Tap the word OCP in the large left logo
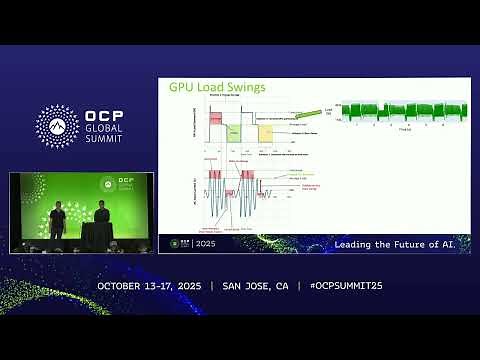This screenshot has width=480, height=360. pyautogui.click(x=103, y=113)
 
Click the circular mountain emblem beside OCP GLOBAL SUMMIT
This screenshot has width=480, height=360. pyautogui.click(x=57, y=126)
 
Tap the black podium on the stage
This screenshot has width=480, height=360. pyautogui.click(x=97, y=236)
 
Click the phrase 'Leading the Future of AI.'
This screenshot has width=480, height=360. pyautogui.click(x=392, y=244)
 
